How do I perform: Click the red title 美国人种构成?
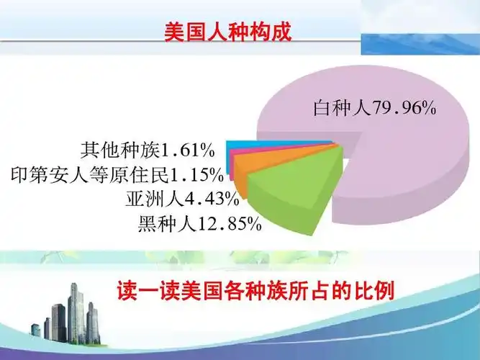[228, 32]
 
